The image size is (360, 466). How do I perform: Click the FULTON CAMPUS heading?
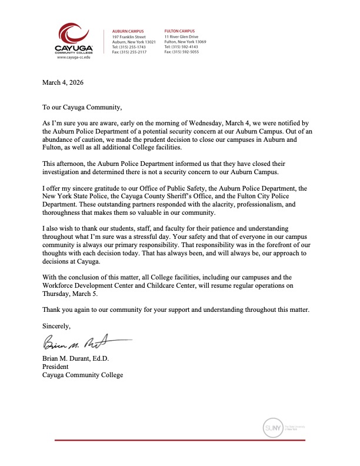pyautogui.click(x=179, y=31)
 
